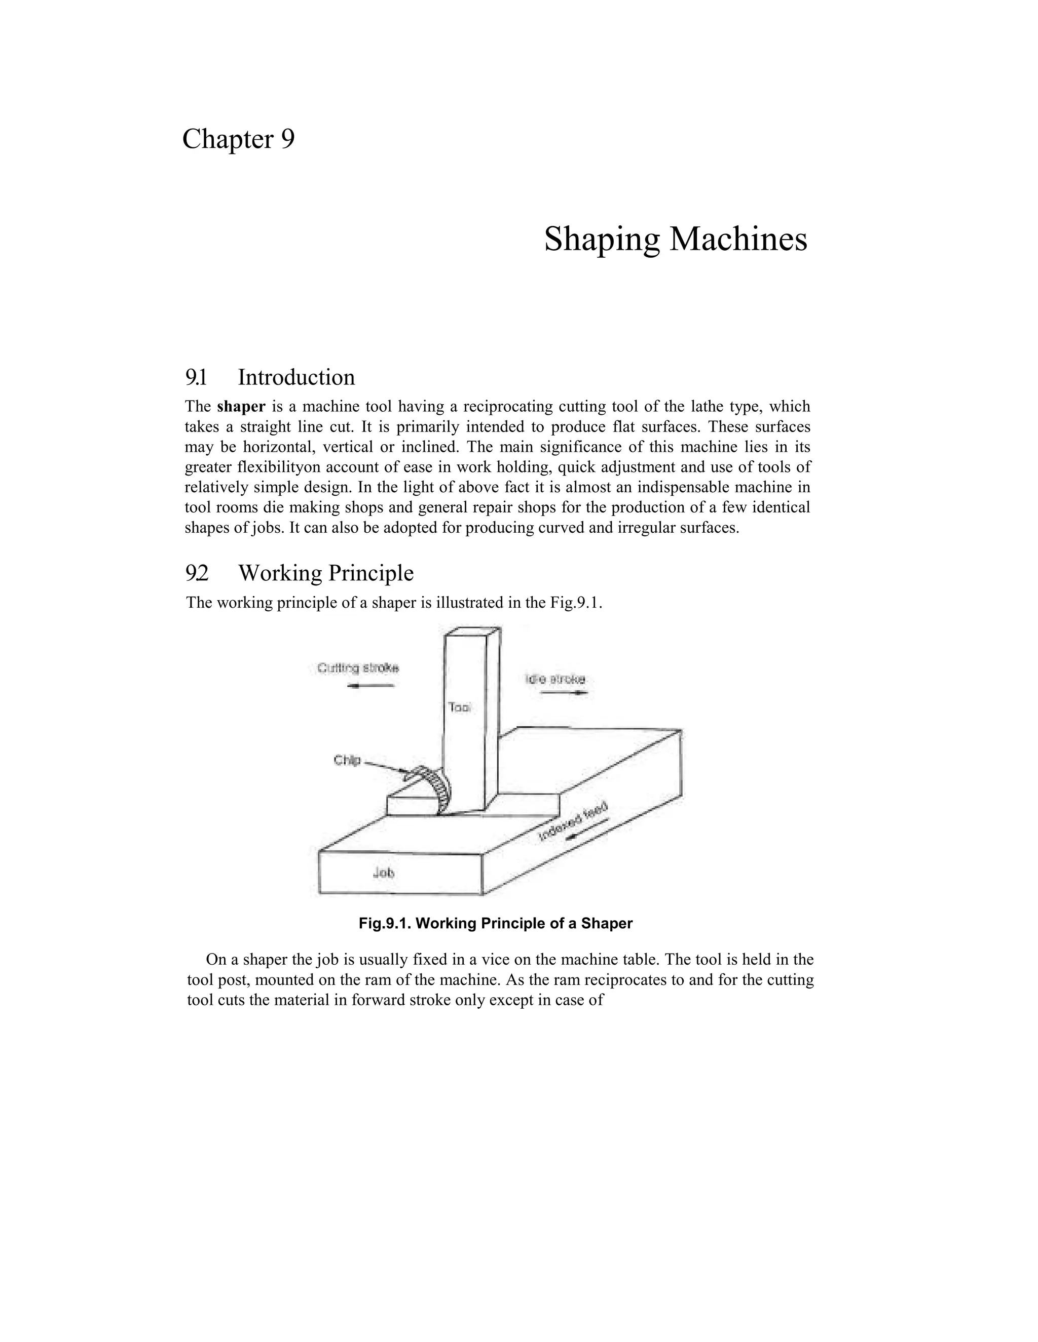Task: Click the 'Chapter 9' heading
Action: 238,139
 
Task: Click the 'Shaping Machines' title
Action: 675,239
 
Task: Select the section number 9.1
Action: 196,377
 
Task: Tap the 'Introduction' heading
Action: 296,377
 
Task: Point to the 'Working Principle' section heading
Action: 325,573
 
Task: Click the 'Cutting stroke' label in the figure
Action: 358,668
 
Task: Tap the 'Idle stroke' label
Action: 555,679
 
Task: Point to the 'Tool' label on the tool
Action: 459,707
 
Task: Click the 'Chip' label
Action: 347,761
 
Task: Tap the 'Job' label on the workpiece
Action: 384,873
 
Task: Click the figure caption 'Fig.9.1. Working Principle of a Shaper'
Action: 496,924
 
